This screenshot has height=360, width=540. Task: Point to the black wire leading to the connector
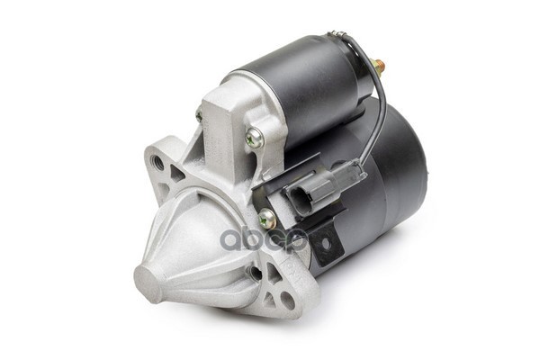point(382,117)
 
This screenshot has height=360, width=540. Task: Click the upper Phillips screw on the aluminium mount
point(255,138)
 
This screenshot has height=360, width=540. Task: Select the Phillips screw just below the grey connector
point(267,219)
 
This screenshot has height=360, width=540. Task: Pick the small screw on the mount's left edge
point(199,115)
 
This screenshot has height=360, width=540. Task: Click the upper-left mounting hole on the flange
point(158,163)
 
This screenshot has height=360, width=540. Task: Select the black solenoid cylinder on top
point(297,81)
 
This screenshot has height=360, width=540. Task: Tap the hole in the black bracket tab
point(325,245)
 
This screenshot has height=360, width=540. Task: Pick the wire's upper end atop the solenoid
point(337,35)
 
